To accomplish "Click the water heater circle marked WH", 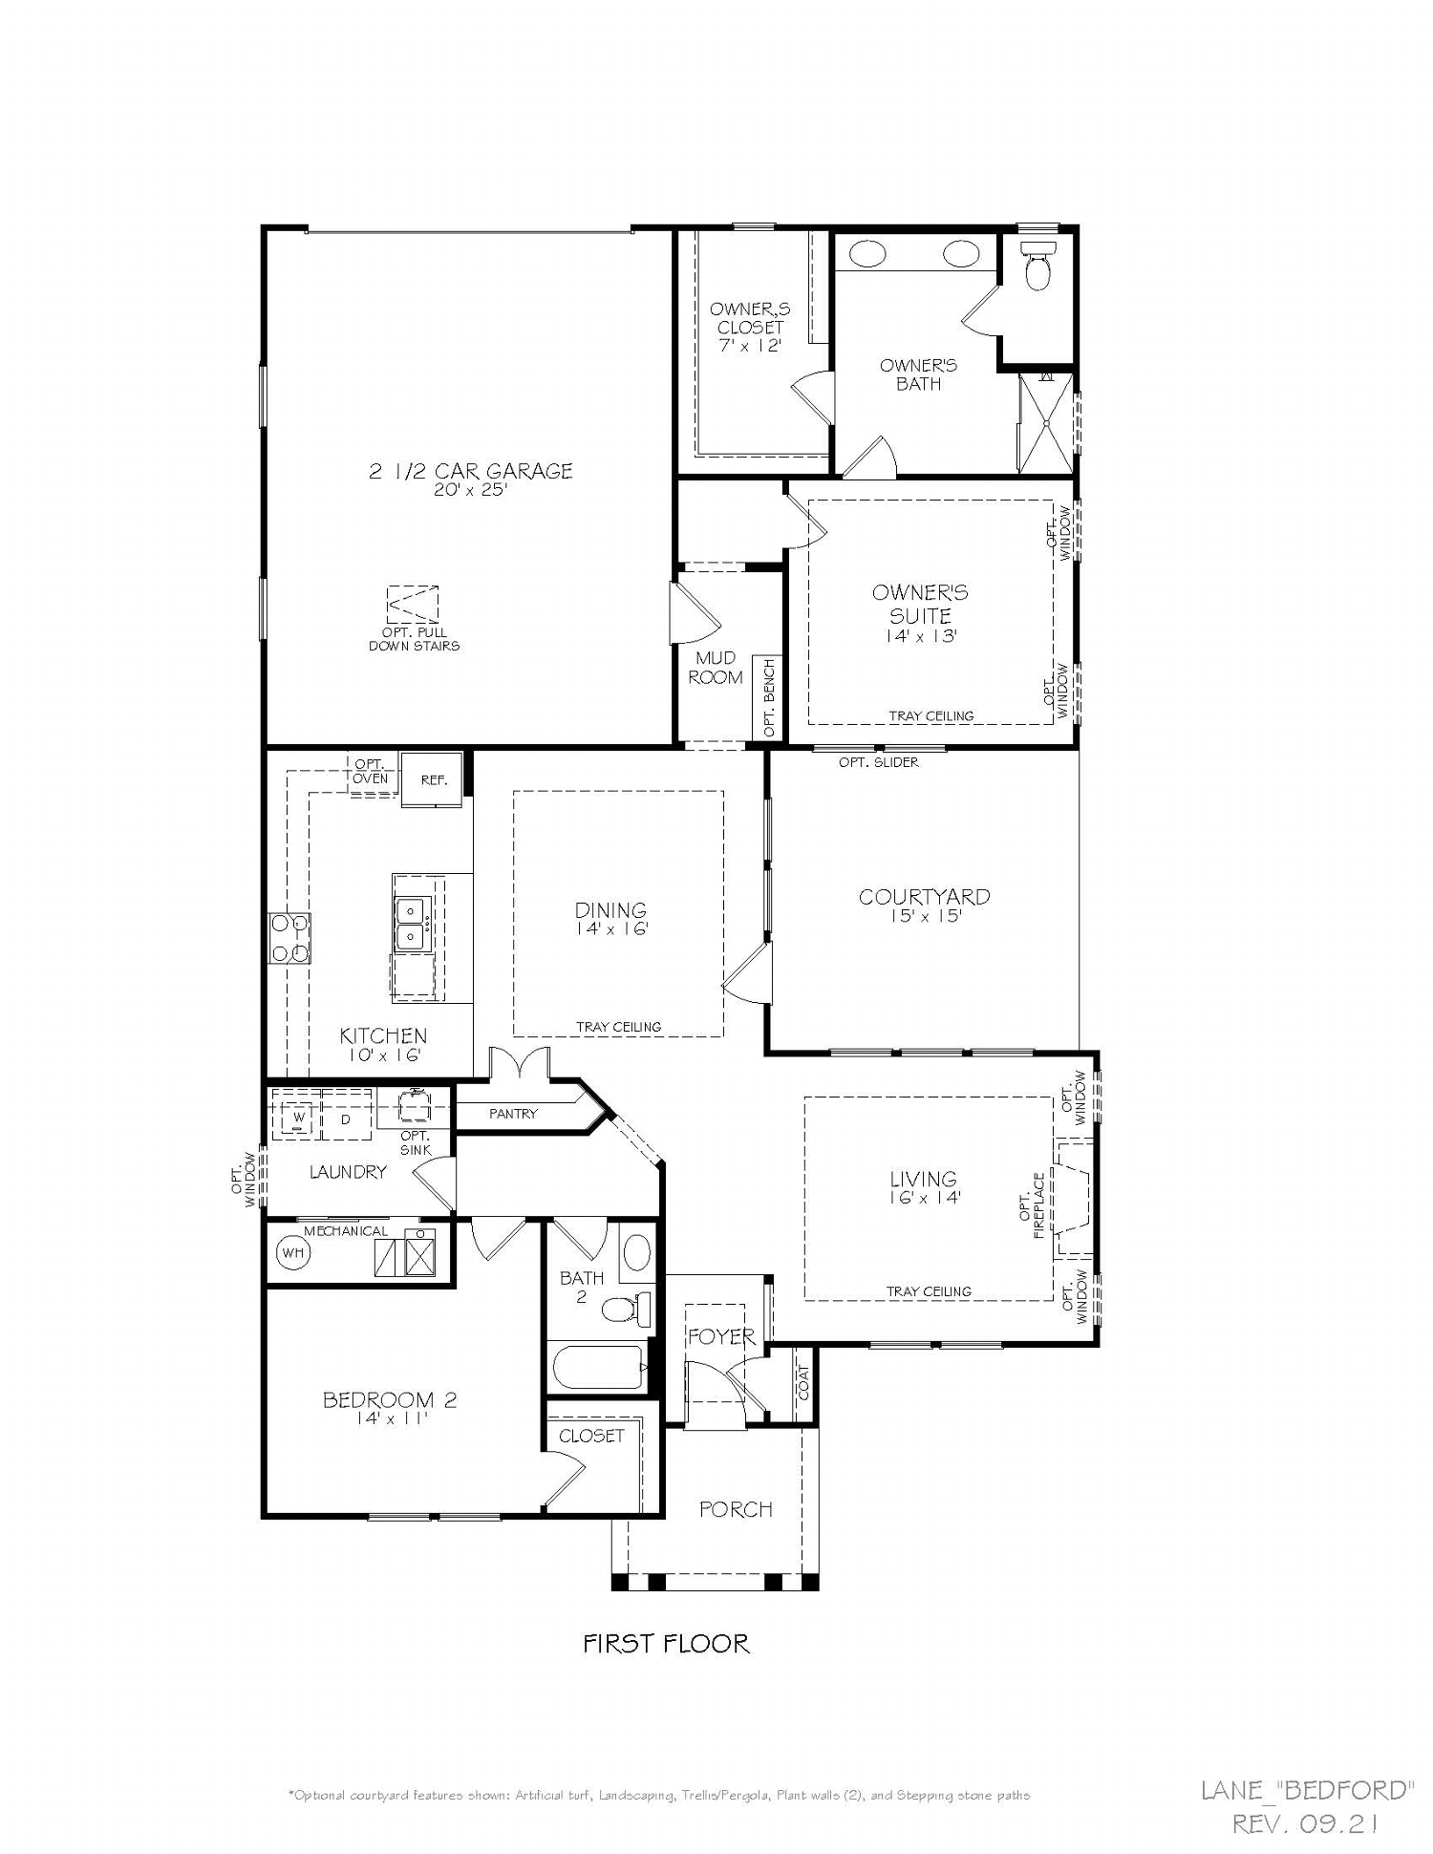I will (x=292, y=1252).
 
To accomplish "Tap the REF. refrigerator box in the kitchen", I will (x=434, y=779).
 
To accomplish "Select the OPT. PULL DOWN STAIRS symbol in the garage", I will (x=413, y=605).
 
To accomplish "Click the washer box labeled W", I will (x=298, y=1117).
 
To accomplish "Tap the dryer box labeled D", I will (x=346, y=1118).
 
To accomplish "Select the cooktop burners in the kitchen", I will (x=289, y=938).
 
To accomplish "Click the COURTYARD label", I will (x=924, y=896).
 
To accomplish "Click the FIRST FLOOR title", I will (x=666, y=1643).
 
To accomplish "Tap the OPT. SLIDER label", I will (x=879, y=762).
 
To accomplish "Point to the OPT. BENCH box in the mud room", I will (x=767, y=697).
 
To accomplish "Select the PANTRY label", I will (x=513, y=1114).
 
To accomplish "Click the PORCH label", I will (x=736, y=1509).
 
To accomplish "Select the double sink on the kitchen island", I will (x=411, y=924).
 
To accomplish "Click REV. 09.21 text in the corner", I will (x=1305, y=1824).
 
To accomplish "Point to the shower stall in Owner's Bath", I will (x=1044, y=422).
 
